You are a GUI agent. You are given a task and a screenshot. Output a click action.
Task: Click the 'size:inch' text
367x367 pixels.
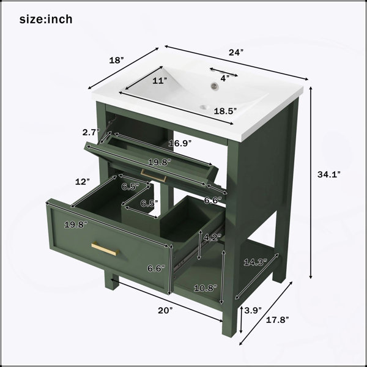46,19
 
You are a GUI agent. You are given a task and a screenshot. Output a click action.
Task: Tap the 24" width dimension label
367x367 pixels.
236,53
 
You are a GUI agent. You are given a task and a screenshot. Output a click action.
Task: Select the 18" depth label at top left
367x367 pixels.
116,60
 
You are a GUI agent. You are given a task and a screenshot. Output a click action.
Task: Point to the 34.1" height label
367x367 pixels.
328,174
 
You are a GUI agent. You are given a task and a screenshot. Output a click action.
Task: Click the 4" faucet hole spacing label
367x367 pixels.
224,78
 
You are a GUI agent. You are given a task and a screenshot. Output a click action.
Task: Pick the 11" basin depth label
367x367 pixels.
160,81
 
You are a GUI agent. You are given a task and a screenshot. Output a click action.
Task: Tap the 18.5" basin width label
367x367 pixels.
225,111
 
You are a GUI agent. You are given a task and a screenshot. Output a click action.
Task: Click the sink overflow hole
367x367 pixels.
214,86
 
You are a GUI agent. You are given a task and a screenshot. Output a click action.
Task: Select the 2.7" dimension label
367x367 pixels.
91,132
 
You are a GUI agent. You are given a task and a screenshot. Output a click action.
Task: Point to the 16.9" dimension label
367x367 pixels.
180,143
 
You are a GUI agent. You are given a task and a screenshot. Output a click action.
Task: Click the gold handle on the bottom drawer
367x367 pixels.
105,249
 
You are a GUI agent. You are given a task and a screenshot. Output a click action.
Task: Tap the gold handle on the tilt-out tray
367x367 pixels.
154,176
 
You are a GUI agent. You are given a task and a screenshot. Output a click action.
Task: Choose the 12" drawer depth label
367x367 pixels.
83,182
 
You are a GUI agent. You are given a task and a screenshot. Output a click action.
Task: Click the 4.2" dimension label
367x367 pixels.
212,237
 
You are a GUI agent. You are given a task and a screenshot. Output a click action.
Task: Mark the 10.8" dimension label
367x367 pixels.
206,288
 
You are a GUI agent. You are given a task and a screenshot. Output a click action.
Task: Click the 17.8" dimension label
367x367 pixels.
277,320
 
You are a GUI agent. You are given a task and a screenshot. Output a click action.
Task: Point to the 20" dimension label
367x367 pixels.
165,311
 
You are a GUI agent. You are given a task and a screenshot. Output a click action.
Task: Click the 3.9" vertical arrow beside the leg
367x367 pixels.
241,319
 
